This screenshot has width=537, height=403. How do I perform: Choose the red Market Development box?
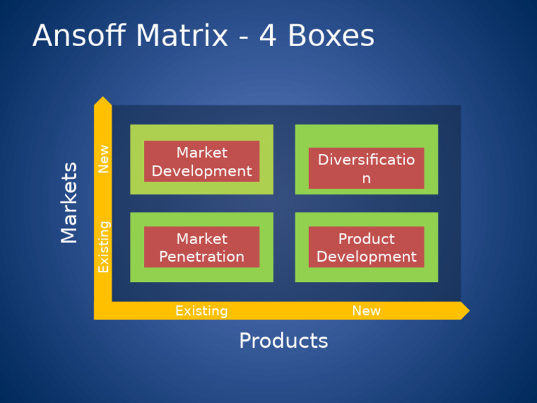201,162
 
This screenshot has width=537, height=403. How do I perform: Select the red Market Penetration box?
201,247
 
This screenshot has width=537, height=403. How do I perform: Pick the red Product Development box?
366,247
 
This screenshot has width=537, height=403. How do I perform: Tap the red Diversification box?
366,169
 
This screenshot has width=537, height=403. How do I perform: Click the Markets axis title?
69,203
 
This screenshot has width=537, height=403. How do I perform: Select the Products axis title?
283,341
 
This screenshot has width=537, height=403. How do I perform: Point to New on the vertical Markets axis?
103,159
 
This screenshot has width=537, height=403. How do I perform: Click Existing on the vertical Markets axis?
103,246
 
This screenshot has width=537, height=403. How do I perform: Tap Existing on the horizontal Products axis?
201,311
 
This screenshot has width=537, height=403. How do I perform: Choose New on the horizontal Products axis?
366,311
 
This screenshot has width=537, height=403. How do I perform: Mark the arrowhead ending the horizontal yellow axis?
464,311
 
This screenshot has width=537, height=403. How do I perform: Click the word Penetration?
201,257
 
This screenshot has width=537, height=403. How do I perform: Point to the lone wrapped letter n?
366,179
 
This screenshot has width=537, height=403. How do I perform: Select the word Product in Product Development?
366,239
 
